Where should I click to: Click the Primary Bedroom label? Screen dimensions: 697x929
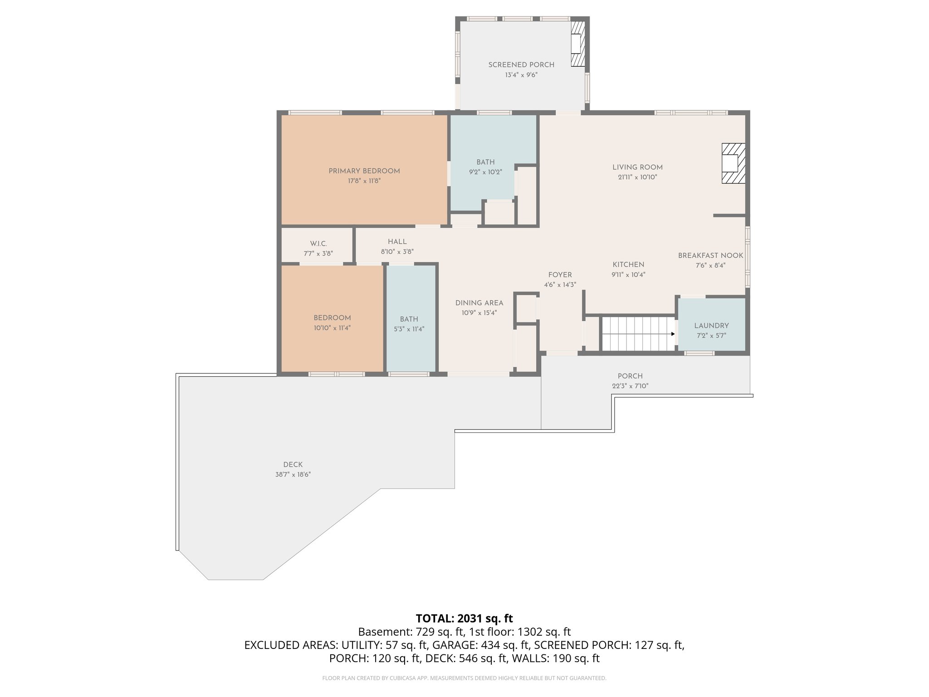[x=364, y=171]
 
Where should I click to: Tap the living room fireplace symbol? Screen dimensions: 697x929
[x=733, y=163]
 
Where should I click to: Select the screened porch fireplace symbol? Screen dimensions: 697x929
[x=577, y=44]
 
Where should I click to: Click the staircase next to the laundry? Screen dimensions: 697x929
[x=637, y=334]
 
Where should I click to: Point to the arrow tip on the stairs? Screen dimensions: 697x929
[x=674, y=334]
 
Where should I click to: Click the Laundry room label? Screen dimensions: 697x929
[x=711, y=326]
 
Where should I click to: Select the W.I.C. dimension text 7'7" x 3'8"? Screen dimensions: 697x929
[x=318, y=254]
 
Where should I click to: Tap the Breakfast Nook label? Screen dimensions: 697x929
[x=710, y=255]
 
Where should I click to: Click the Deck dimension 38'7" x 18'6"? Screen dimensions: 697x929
[x=293, y=475]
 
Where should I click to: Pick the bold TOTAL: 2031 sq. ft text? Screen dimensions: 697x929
[x=464, y=618]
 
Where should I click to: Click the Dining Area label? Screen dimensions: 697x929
[x=479, y=303]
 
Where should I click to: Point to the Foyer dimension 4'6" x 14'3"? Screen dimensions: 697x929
[x=560, y=285]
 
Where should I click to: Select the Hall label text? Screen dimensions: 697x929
[x=397, y=242]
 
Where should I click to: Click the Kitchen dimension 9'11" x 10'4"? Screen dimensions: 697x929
[x=628, y=275]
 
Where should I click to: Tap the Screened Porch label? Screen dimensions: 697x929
[x=521, y=65]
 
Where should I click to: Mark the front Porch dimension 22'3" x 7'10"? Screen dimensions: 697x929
[x=630, y=386]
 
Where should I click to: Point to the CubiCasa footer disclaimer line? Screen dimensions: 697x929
[x=464, y=678]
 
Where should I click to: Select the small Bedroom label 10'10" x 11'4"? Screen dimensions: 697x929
[x=332, y=318]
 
